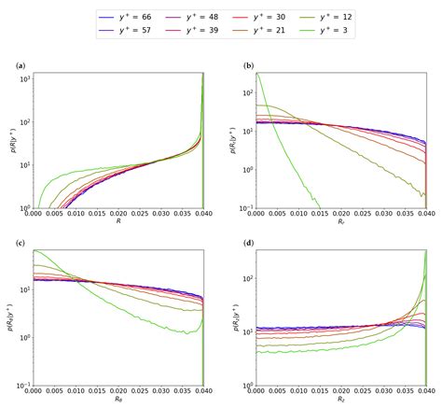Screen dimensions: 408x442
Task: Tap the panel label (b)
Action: (x=247, y=66)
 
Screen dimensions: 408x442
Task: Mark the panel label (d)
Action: (x=247, y=244)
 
